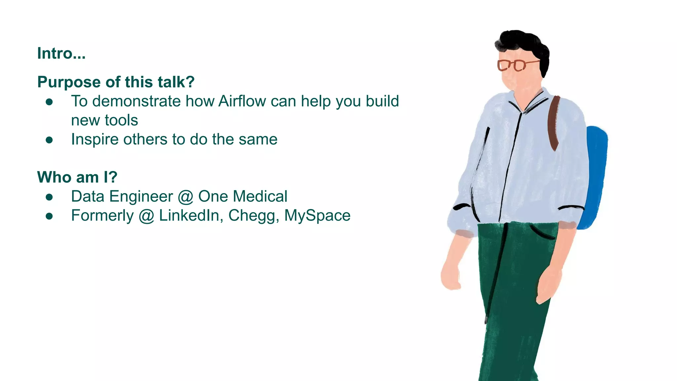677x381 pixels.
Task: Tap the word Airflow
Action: [x=242, y=101]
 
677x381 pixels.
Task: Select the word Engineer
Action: [x=141, y=196]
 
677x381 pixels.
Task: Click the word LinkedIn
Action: [x=189, y=216]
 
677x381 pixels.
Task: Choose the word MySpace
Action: [x=317, y=216]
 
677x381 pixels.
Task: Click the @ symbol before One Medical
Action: [x=185, y=197]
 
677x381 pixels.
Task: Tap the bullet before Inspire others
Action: [x=49, y=140]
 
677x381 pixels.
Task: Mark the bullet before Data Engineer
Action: [x=49, y=197]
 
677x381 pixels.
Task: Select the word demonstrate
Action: [x=136, y=101]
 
